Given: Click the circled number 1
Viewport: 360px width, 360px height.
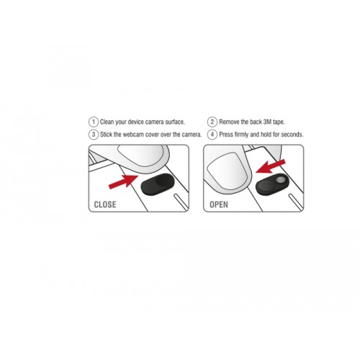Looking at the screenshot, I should coord(93,122).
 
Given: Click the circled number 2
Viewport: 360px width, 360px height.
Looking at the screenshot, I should coord(212,122).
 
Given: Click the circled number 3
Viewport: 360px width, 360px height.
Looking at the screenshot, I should coord(93,135).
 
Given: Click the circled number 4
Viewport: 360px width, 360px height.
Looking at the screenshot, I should coord(212,135).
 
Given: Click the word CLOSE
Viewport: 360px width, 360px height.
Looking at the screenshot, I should coord(105,204).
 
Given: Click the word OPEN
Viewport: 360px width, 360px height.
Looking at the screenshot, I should coord(219,204).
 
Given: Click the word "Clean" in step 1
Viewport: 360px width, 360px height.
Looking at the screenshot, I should coord(108,122).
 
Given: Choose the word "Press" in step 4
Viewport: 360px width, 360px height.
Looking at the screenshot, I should coord(229,135).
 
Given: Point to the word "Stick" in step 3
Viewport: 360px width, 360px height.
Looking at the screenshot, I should coord(108,135).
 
